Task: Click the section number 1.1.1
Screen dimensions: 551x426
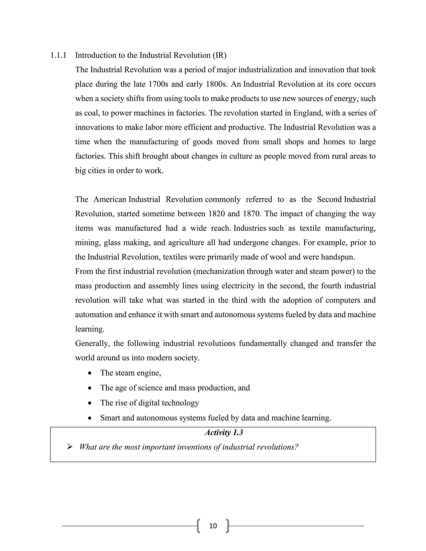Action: tap(58, 55)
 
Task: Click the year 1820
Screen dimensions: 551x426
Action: tap(217, 214)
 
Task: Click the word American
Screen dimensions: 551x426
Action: tap(110, 199)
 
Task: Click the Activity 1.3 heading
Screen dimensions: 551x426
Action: tap(224, 432)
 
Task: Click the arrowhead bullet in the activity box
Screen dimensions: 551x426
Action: tap(70, 447)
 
